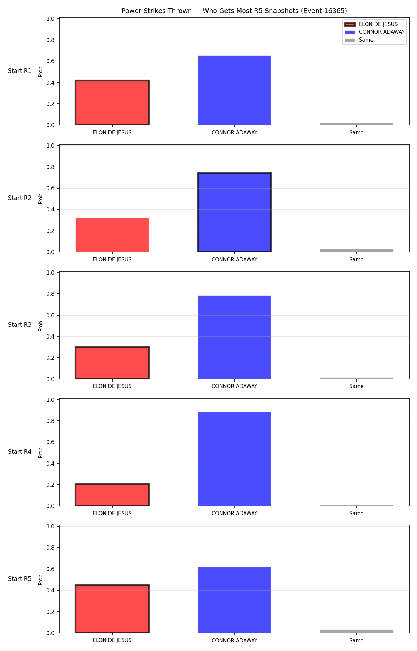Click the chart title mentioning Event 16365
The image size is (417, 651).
pos(234,11)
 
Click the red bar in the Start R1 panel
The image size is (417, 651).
pos(112,102)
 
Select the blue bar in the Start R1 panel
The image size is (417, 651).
pos(235,90)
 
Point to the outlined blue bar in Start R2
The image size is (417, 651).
pos(235,212)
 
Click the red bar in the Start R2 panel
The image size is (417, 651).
pos(112,235)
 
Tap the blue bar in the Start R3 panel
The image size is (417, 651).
pos(235,337)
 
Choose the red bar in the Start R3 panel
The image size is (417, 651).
pos(112,363)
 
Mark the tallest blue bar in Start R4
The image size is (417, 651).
pos(235,459)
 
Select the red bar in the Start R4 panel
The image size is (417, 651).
pos(112,495)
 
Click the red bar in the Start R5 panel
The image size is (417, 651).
pos(112,609)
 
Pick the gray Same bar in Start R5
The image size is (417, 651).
pos(357,631)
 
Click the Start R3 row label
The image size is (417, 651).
pos(20,325)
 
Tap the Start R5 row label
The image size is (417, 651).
pos(20,579)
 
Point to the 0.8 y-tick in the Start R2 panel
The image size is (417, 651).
pos(51,167)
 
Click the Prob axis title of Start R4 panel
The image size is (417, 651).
pos(41,453)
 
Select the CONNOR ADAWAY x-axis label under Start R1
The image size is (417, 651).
pos(235,133)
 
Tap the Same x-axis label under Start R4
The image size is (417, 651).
pos(357,514)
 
